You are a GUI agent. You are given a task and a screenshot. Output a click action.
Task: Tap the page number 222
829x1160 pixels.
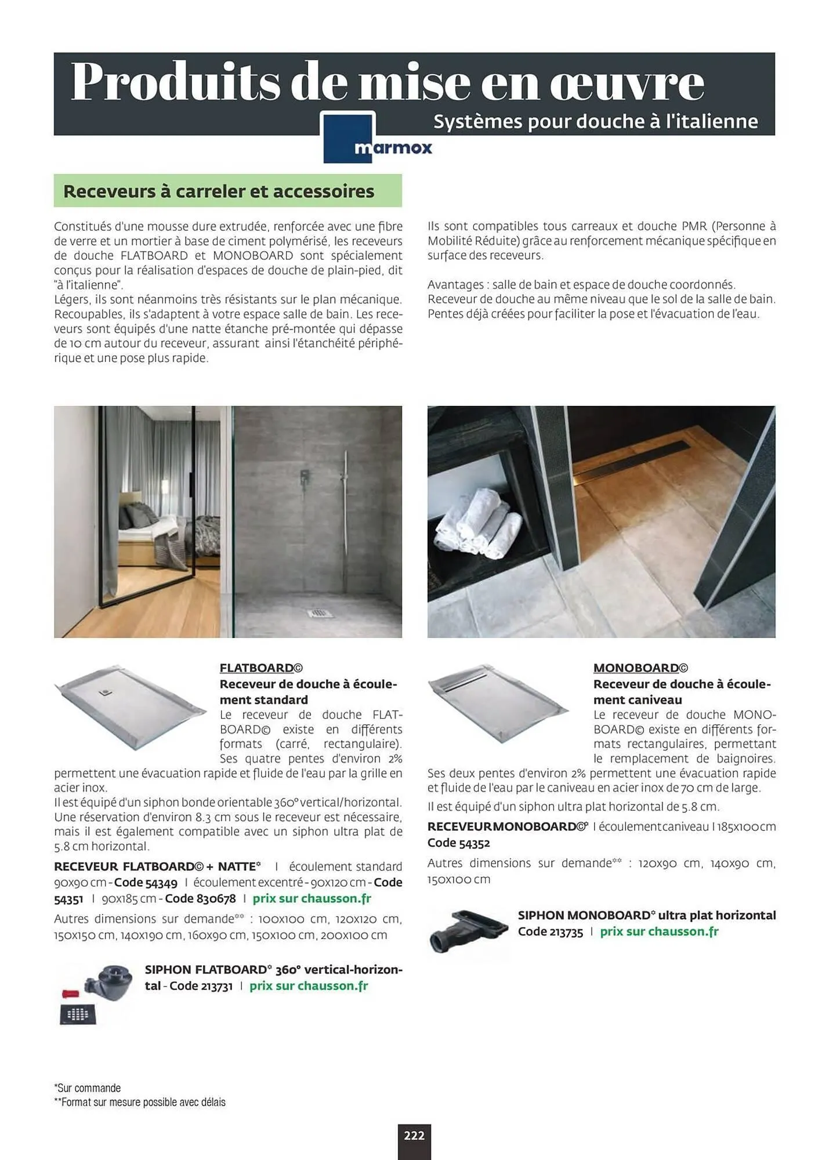(x=414, y=1135)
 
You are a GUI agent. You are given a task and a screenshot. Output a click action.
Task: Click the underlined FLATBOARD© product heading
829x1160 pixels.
(x=261, y=668)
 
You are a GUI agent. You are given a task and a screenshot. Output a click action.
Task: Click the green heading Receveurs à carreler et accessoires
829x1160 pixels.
(x=219, y=191)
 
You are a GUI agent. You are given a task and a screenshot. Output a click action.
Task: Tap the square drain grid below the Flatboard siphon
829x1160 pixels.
(x=78, y=1015)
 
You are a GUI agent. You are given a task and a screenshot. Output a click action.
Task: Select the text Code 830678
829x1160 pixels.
(x=201, y=898)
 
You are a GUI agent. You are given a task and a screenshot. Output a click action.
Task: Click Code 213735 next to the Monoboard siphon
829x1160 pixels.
(x=550, y=932)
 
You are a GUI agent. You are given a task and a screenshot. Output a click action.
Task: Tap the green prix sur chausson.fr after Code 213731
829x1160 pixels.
(x=309, y=986)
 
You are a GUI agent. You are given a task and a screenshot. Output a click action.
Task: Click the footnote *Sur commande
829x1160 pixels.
(x=88, y=1088)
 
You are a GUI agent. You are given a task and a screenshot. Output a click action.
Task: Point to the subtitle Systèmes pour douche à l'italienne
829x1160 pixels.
(x=595, y=122)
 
